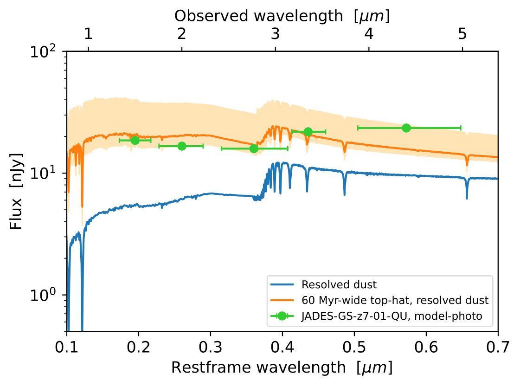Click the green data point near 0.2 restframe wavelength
[135, 140]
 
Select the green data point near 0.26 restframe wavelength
[182, 146]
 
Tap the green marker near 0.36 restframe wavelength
[254, 148]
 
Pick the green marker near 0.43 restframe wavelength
[308, 132]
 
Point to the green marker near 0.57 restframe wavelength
[406, 128]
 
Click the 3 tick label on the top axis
[275, 34]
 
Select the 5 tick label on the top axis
[462, 34]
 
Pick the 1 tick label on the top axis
[88, 34]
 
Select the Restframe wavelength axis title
[282, 368]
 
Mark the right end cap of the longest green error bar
[461, 128]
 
